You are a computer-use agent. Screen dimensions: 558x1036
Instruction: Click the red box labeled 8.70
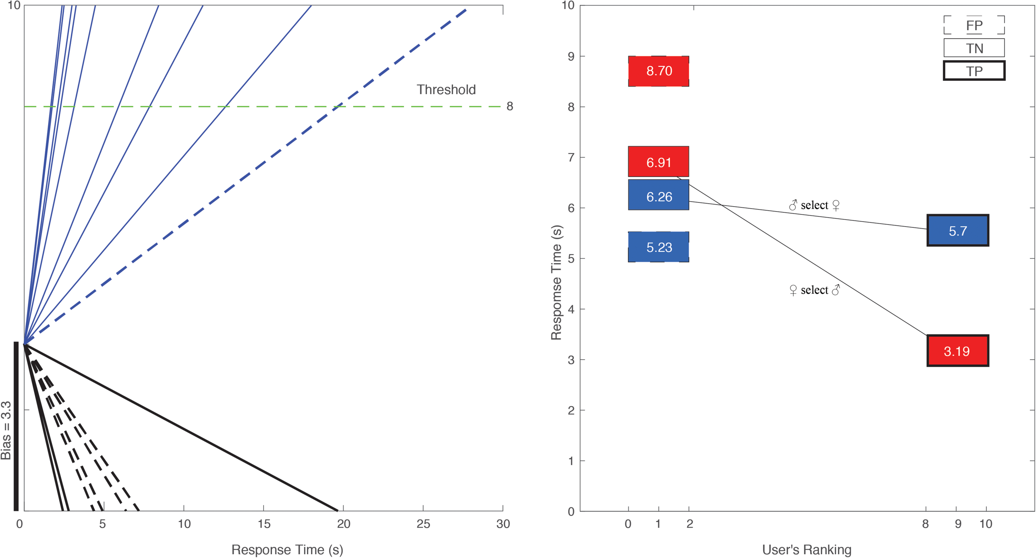pos(658,71)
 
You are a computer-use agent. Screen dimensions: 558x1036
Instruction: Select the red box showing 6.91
pos(658,161)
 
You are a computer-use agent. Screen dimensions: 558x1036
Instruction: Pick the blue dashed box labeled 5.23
pos(658,247)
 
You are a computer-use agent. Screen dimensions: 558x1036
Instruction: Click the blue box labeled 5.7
pos(957,230)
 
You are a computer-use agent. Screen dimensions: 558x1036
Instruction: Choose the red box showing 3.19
pos(957,351)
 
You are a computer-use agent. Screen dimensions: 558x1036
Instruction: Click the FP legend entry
pos(974,25)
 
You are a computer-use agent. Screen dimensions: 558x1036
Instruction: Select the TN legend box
pos(974,48)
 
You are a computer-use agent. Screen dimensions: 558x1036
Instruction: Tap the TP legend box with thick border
pos(974,71)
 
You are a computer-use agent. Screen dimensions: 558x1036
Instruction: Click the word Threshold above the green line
pos(446,90)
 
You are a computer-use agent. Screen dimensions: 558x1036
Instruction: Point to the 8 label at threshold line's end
pos(510,107)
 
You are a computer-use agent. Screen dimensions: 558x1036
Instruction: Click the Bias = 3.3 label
pos(6,430)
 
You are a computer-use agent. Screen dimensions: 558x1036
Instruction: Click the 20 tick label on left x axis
pos(344,524)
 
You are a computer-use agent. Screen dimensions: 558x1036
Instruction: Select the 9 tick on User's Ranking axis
pos(958,524)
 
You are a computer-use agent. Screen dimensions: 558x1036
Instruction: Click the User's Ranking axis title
pos(806,550)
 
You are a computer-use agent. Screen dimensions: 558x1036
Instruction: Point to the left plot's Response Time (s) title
pos(287,550)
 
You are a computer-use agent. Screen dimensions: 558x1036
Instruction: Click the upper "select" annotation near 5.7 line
pos(814,205)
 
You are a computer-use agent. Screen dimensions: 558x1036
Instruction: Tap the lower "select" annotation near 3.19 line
pos(814,290)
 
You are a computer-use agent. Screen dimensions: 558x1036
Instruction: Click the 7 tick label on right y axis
pos(571,157)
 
